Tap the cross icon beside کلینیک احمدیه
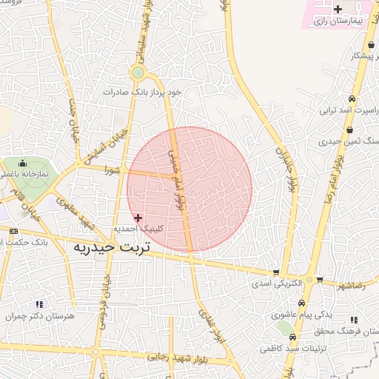tap(138, 218)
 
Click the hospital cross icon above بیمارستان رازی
tap(338, 10)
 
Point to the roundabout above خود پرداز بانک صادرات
tap(137, 73)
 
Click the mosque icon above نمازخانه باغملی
tap(23, 163)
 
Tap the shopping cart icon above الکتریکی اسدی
tap(276, 272)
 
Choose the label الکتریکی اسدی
tap(277, 284)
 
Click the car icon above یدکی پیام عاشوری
tap(302, 303)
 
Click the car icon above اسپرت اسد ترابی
tap(351, 99)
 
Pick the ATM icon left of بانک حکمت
tap(13, 232)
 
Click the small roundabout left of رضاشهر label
tap(319, 281)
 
